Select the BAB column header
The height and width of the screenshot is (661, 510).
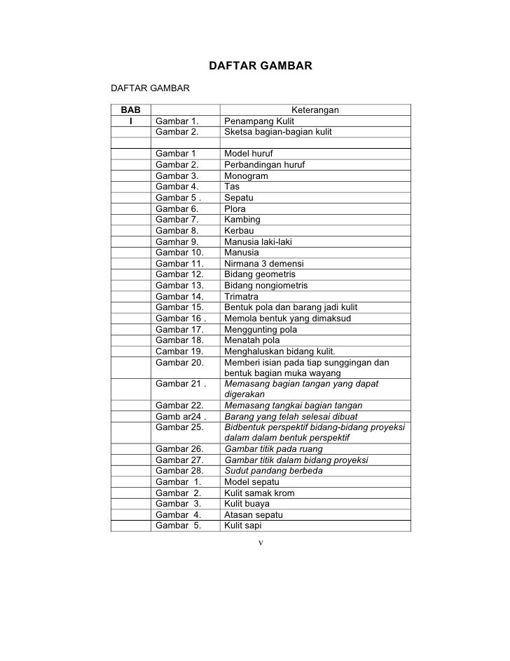130,110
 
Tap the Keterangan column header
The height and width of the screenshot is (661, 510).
315,110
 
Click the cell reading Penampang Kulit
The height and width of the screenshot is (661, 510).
259,121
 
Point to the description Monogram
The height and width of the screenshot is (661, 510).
244,176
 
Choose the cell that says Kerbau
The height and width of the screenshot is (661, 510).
239,231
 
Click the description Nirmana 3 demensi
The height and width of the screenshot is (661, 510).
263,264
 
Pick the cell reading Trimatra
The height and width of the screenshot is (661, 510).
241,297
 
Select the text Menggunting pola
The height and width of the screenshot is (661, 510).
261,330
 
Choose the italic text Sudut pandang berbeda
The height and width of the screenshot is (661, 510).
273,471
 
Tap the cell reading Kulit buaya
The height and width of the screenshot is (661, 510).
247,504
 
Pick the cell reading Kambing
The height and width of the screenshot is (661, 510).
242,220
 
